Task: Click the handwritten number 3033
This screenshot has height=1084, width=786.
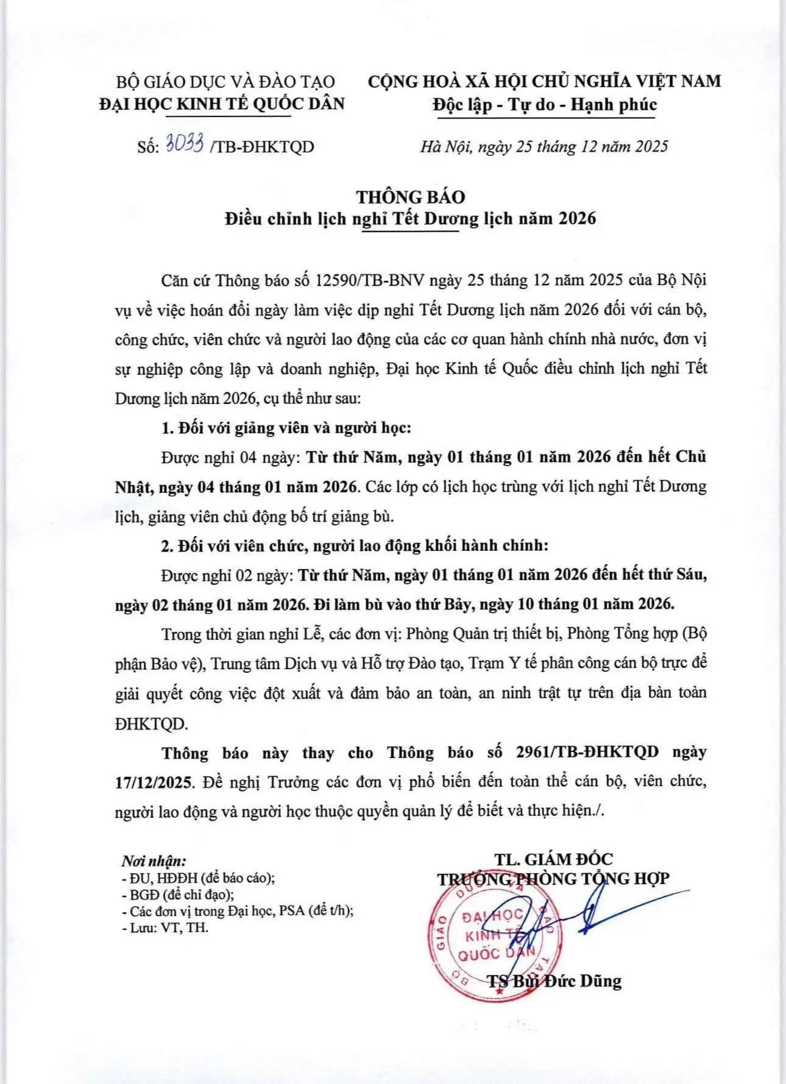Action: click(x=185, y=145)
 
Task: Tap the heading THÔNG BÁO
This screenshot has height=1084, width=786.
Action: click(x=411, y=197)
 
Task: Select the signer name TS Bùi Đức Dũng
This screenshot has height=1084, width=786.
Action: click(x=554, y=981)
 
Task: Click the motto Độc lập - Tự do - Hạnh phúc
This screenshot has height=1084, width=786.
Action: click(x=545, y=105)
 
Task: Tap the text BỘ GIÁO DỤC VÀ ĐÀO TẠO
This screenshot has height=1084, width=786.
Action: click(x=225, y=82)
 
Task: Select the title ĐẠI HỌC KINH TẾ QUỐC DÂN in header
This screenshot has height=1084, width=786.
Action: click(x=222, y=104)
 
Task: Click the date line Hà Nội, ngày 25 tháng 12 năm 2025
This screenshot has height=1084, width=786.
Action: click(x=543, y=147)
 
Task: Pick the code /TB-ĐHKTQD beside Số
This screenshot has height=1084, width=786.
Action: click(x=262, y=147)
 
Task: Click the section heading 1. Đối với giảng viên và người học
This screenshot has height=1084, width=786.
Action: click(x=286, y=428)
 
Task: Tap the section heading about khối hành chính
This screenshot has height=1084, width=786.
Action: click(x=355, y=545)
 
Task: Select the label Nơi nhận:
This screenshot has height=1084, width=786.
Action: click(x=154, y=861)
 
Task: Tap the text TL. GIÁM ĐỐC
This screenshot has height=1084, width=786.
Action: click(x=553, y=859)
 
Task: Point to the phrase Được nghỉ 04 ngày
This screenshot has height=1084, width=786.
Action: click(x=228, y=458)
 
